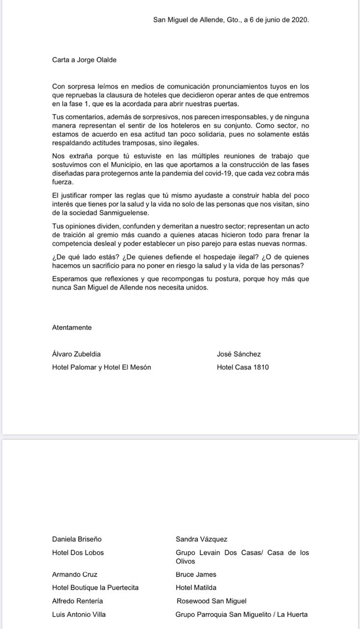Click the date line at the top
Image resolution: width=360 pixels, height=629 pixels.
231,20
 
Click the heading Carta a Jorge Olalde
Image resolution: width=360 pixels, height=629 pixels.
84,60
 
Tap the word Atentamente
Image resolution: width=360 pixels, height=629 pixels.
72,327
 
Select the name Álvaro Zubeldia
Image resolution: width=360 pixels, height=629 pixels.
77,354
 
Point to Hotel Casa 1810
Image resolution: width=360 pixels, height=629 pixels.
243,367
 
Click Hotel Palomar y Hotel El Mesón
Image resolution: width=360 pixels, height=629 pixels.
101,367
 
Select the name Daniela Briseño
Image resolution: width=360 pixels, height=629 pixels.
77,539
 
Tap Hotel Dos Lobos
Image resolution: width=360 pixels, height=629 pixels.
78,552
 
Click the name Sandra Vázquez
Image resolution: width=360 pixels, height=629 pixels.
201,539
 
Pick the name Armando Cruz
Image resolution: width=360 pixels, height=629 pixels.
75,574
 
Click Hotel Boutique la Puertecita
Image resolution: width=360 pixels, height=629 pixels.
95,588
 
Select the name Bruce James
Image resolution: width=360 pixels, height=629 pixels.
196,574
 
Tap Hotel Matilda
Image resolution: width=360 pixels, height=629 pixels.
196,588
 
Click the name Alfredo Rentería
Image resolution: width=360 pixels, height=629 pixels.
77,601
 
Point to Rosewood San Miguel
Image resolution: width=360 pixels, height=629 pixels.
212,601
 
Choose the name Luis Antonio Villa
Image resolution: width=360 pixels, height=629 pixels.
79,614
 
